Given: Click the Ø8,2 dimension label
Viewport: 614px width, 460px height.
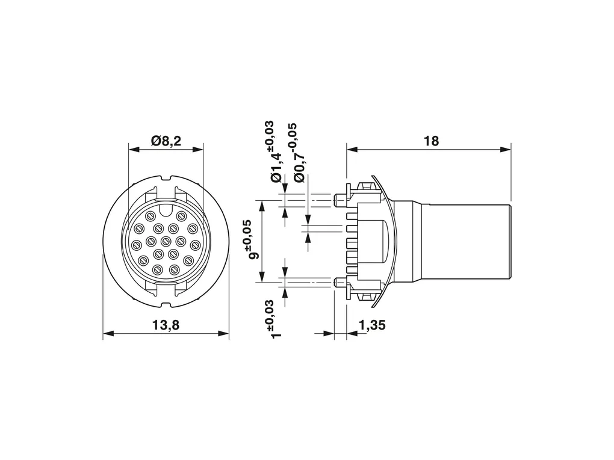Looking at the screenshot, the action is (x=166, y=141).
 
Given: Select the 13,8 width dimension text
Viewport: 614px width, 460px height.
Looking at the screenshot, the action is (x=166, y=325).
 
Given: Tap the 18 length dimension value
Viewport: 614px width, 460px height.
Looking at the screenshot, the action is (x=431, y=141).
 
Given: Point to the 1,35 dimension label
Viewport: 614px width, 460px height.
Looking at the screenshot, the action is (x=372, y=325).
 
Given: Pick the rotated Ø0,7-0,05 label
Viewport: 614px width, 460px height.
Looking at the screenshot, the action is (x=300, y=153).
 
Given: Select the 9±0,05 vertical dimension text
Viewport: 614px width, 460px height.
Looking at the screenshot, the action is (x=253, y=240).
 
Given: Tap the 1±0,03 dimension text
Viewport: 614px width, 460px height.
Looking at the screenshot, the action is (x=276, y=319).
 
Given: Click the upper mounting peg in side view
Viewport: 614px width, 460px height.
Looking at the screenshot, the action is (x=341, y=200).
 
